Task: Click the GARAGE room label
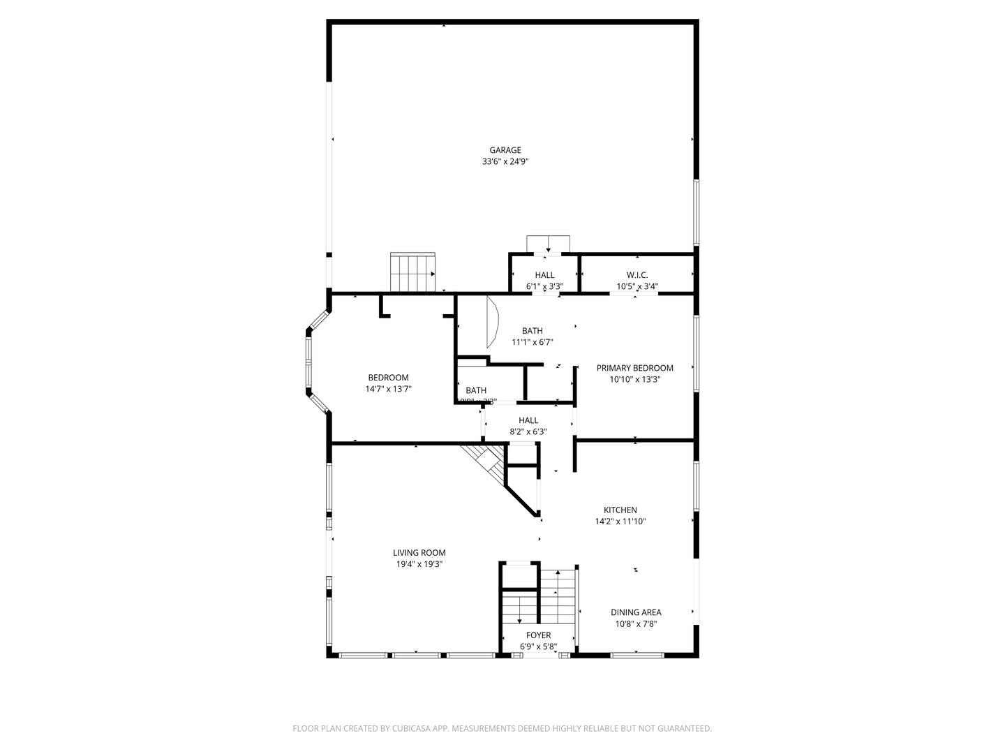point(505,150)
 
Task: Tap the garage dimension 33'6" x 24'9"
point(505,161)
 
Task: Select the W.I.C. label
point(636,275)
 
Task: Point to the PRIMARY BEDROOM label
point(634,368)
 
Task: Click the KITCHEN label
point(620,510)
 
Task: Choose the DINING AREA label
point(636,612)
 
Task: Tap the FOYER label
point(538,635)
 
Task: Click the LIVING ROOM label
point(419,553)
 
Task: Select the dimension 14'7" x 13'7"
point(388,389)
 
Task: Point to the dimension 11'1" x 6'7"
point(532,342)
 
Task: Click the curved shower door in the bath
point(493,322)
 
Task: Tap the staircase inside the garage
point(412,272)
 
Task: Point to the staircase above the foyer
point(558,593)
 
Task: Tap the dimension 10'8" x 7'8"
point(636,624)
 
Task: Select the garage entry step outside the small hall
point(548,244)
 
